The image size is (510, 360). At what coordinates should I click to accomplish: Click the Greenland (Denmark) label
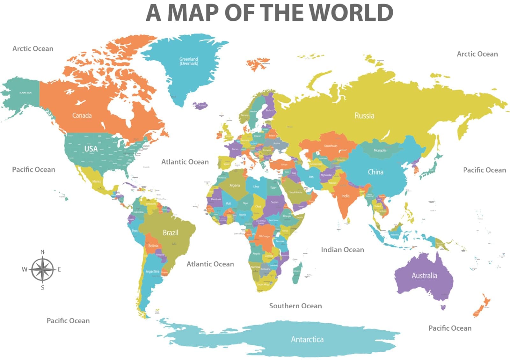click(x=189, y=61)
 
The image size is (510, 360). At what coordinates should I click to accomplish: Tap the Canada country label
click(x=82, y=115)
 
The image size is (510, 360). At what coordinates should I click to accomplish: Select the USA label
click(x=91, y=149)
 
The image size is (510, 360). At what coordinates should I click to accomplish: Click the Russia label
click(x=364, y=115)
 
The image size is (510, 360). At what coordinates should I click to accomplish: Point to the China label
click(x=375, y=172)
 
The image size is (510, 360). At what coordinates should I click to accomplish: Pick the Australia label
click(x=424, y=276)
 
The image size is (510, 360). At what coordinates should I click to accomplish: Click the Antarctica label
click(x=307, y=339)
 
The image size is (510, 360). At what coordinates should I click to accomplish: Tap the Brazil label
click(x=171, y=233)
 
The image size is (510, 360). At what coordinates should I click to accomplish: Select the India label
click(x=346, y=196)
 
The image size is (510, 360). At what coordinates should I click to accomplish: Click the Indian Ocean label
click(x=342, y=250)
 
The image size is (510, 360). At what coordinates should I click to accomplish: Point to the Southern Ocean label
click(x=295, y=306)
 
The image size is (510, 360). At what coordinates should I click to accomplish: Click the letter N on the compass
click(x=42, y=252)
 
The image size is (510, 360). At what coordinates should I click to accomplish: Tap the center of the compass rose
click(x=42, y=270)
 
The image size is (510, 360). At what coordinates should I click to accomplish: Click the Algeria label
click(x=235, y=185)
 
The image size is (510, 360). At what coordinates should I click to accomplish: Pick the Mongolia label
click(x=380, y=150)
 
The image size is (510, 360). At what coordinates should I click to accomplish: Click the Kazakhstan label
click(x=331, y=146)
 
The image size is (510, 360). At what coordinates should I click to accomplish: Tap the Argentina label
click(x=152, y=271)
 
